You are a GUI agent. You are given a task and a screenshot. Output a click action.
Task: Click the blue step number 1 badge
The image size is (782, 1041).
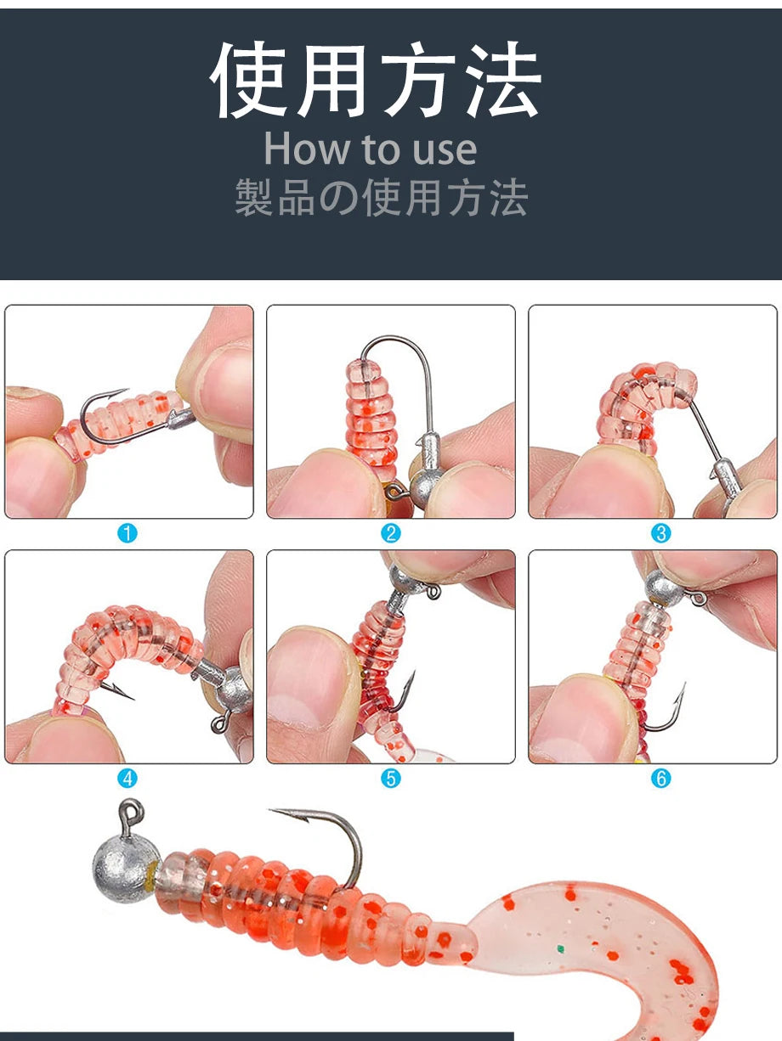127,533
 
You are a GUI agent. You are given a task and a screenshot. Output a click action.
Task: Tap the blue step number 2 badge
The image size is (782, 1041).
391,533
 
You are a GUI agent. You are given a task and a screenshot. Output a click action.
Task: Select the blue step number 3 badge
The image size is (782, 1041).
661,533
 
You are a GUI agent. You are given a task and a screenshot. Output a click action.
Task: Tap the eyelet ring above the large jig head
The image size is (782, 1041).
131,812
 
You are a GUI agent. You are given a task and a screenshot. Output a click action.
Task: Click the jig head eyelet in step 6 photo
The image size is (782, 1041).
698,599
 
